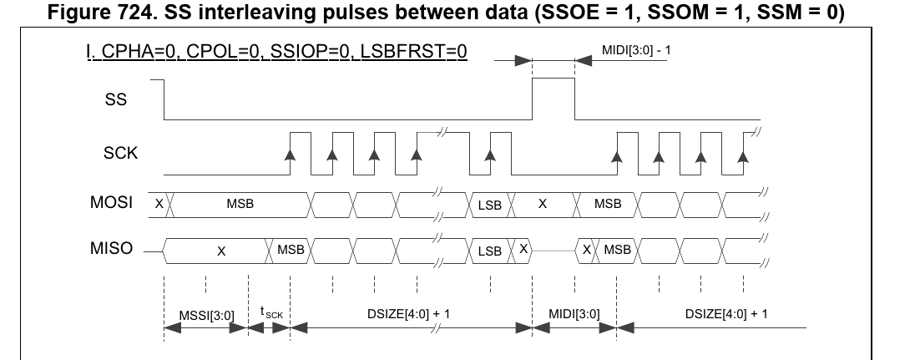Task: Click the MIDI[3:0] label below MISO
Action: tap(572, 315)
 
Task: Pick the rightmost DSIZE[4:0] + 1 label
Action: tap(725, 315)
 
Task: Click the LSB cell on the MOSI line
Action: tap(489, 204)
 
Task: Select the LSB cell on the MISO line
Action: tap(489, 250)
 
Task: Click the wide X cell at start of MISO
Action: tap(220, 250)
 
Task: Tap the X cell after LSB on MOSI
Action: tap(542, 203)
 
